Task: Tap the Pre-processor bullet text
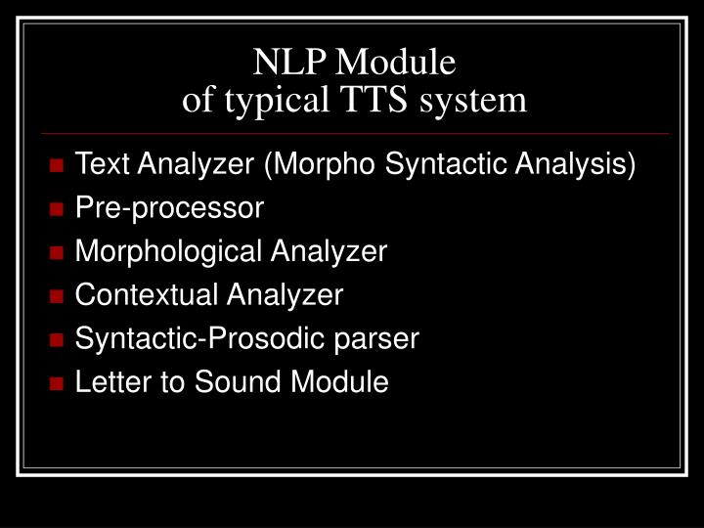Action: [x=169, y=208]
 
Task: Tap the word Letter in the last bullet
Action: [x=104, y=382]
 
